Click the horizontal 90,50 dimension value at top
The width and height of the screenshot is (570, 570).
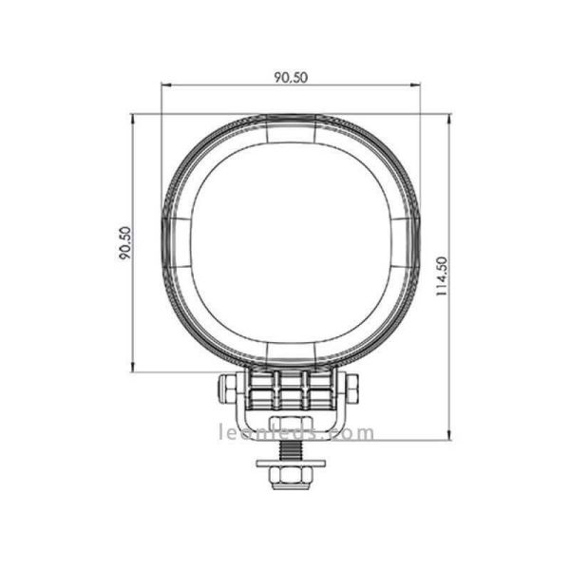click(291, 78)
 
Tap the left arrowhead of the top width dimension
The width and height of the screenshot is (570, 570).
click(165, 86)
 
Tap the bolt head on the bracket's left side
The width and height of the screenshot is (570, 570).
click(228, 387)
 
